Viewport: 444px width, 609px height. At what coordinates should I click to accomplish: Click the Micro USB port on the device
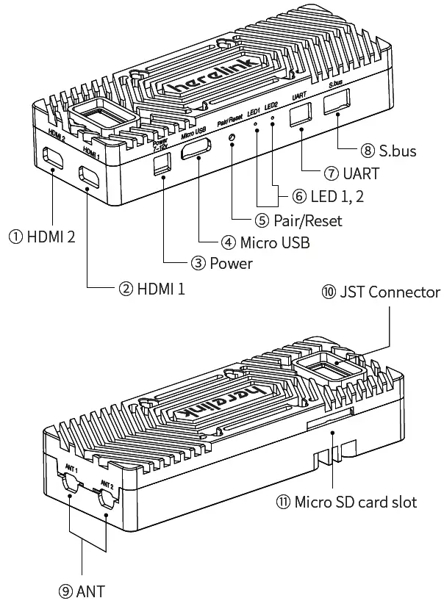click(x=198, y=151)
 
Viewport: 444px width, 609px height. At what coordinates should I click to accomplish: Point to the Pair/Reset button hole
click(x=233, y=138)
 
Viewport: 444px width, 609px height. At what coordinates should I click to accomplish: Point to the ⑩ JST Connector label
click(x=380, y=292)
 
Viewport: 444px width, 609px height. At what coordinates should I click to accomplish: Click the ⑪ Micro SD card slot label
click(x=346, y=502)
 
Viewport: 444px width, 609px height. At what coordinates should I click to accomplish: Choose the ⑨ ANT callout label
click(x=81, y=589)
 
